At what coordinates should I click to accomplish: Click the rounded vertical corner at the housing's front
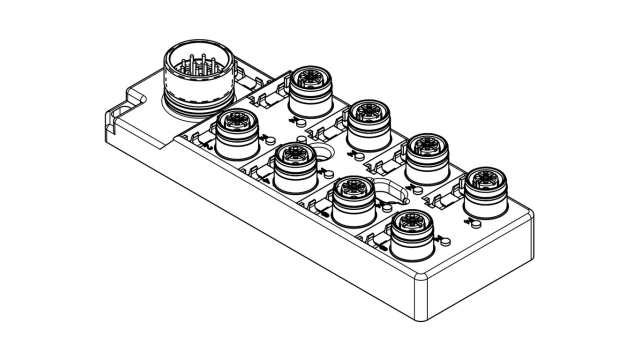421,291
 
